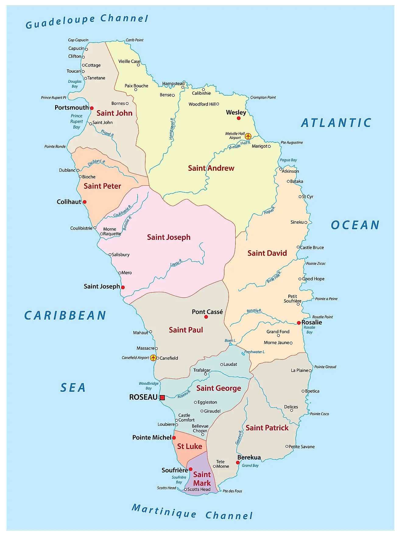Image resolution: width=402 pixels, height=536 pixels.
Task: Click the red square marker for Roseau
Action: [162, 398]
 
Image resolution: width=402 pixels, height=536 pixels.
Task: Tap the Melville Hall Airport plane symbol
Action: [248, 136]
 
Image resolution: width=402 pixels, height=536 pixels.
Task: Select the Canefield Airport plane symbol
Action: [153, 358]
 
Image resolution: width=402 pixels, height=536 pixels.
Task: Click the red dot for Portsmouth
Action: [92, 108]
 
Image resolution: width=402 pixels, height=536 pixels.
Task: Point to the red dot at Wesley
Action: [239, 118]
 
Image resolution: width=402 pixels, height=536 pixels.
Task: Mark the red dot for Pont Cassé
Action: [206, 317]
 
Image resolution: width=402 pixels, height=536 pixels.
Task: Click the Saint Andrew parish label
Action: [211, 168]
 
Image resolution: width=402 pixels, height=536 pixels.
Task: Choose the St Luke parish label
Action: [189, 446]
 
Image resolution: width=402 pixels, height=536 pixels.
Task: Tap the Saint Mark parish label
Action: [202, 479]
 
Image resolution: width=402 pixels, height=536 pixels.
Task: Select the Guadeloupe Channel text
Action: [87, 21]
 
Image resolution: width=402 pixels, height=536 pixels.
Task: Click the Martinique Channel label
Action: [192, 512]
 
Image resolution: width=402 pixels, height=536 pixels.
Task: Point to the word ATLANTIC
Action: [336, 123]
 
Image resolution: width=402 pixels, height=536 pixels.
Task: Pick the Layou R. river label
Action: [176, 263]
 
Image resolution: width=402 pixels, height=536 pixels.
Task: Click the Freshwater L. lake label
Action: [255, 352]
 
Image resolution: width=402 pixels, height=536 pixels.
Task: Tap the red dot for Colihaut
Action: [85, 202]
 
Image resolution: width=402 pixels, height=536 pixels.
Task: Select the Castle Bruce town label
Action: [312, 247]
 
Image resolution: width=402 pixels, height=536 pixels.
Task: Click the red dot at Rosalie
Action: [299, 323]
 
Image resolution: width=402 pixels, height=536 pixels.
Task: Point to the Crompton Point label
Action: [263, 97]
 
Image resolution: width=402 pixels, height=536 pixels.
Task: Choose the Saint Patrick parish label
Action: [267, 428]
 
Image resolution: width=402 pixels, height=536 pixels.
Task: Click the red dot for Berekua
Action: [238, 463]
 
